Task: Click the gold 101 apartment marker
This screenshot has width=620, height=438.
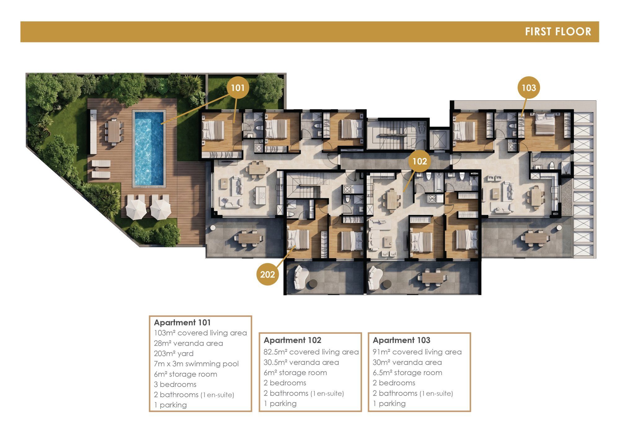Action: tap(238, 88)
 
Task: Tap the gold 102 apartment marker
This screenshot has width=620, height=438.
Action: tap(420, 161)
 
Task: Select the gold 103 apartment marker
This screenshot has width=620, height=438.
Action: tap(529, 88)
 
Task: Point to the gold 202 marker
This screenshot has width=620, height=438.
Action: tap(268, 274)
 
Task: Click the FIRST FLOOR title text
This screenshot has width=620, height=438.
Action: tap(558, 32)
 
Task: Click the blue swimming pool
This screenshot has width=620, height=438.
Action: tap(149, 148)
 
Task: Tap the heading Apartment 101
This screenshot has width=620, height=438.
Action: tap(182, 322)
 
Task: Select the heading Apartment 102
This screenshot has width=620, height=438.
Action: tap(292, 340)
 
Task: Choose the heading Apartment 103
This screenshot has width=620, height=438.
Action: tap(401, 340)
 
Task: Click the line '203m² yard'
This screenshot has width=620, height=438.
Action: tap(174, 353)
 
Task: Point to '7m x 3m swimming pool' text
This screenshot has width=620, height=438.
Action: tap(196, 364)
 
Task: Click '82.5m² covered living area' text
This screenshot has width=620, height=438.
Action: tap(311, 352)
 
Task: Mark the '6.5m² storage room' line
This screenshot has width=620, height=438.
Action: tap(407, 373)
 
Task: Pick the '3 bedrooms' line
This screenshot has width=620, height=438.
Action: tap(175, 384)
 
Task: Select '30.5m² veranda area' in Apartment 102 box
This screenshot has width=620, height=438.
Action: tap(301, 362)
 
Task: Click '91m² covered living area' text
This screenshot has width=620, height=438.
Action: tap(417, 352)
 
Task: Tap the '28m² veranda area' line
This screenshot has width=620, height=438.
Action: tap(188, 343)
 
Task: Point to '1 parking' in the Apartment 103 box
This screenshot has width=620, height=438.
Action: tap(389, 404)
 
